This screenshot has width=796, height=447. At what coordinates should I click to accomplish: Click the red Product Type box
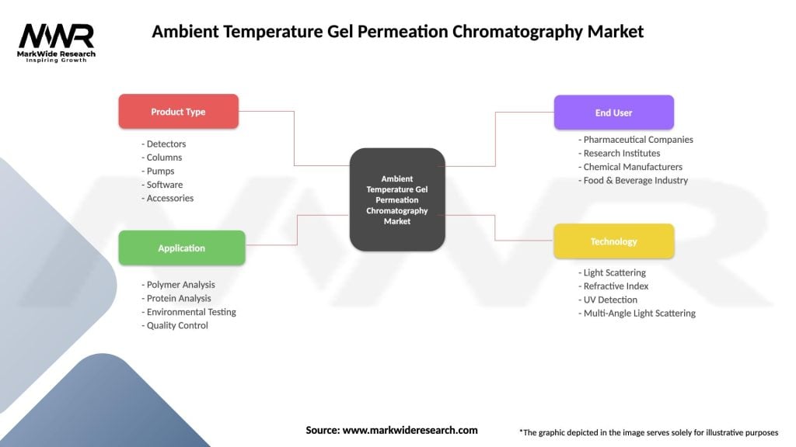[178, 112]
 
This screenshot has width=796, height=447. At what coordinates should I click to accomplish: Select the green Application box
[181, 248]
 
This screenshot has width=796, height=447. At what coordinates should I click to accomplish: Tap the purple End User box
[613, 113]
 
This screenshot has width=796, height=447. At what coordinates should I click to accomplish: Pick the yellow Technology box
[613, 241]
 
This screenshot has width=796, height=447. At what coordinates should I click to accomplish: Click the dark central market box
[397, 199]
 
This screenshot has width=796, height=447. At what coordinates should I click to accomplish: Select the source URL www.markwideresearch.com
[410, 430]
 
